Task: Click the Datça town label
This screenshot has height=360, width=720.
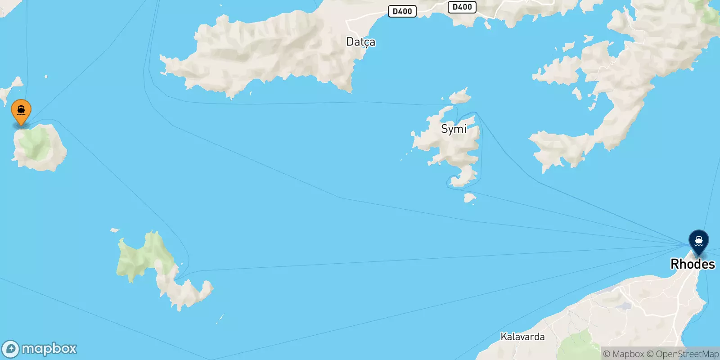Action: pyautogui.click(x=360, y=42)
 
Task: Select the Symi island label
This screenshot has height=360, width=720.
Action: pyautogui.click(x=454, y=129)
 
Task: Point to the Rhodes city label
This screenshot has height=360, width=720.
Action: pyautogui.click(x=693, y=264)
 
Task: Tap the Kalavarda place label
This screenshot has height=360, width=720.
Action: pyautogui.click(x=522, y=337)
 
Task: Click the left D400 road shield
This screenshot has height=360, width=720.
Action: pyautogui.click(x=402, y=11)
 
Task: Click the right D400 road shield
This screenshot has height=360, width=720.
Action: pyautogui.click(x=462, y=7)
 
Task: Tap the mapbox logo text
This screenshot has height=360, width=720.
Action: pyautogui.click(x=49, y=349)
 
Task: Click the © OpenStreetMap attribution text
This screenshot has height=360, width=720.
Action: pyautogui.click(x=683, y=354)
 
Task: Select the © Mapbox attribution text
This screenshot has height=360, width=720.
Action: pyautogui.click(x=623, y=354)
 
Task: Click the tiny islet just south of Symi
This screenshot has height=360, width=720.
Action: pyautogui.click(x=469, y=198)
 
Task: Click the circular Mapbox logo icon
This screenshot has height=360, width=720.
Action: pyautogui.click(x=11, y=349)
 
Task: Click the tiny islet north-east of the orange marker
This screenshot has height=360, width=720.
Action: pyautogui.click(x=46, y=77)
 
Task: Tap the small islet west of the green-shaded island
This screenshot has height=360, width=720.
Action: pyautogui.click(x=115, y=230)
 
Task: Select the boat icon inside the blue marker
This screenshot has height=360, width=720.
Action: pyautogui.click(x=698, y=240)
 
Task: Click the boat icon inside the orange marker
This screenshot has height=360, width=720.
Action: pyautogui.click(x=21, y=109)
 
